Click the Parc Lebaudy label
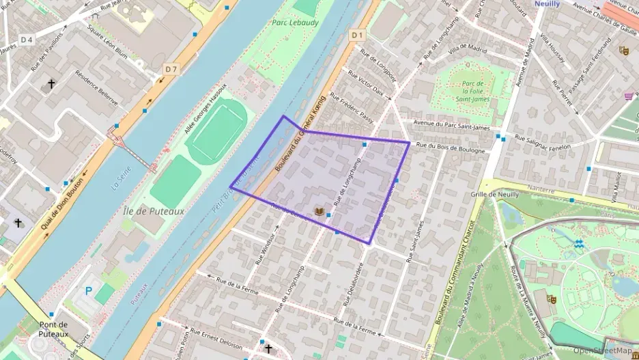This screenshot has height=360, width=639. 296,22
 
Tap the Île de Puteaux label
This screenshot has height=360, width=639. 154,211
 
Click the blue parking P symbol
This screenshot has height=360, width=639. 88,290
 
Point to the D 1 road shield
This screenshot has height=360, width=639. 357,34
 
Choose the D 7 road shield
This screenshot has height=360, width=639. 171,69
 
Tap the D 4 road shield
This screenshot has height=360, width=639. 27,40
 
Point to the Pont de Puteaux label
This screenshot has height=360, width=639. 53,329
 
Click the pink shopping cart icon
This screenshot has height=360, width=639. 627,96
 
